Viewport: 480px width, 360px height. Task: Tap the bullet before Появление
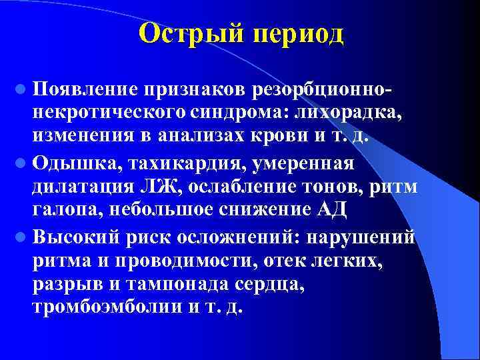22,89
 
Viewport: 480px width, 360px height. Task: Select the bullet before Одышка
22,163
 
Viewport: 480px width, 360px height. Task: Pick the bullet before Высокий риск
22,237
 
